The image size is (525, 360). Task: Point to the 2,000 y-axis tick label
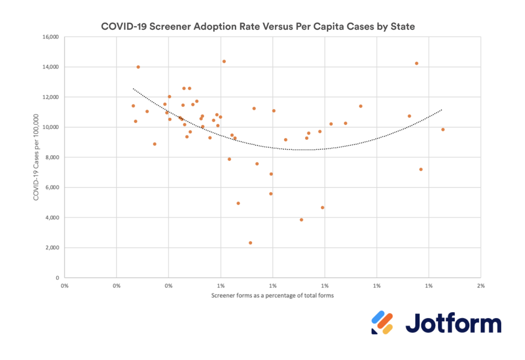coord(52,248)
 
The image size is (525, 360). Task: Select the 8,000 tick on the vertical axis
coord(52,158)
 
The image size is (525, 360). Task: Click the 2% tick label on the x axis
coord(481,286)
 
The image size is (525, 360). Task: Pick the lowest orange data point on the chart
coord(250,243)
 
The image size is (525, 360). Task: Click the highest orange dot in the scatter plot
coord(224,61)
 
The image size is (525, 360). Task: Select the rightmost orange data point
coord(443,129)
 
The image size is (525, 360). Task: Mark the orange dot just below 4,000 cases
coord(301,220)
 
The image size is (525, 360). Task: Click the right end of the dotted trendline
coord(442,110)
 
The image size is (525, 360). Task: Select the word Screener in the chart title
coord(170,27)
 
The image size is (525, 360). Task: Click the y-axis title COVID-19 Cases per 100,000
coord(36,157)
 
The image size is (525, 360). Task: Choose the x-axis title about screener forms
coord(272,296)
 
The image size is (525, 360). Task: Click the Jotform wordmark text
coord(453,323)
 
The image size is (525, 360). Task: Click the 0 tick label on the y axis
coord(57,278)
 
